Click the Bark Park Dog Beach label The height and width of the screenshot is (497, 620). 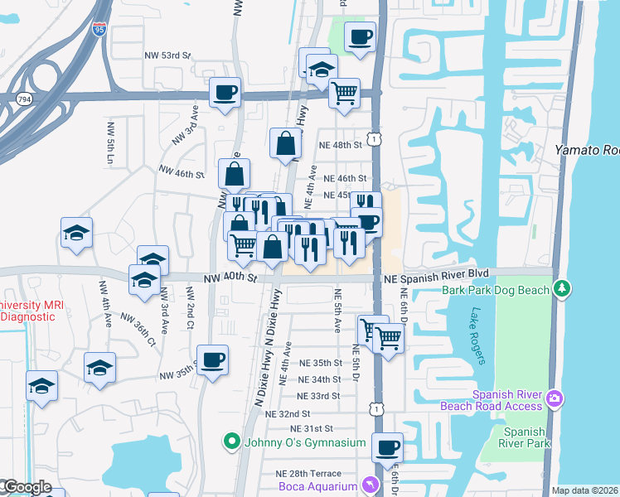click(x=496, y=290)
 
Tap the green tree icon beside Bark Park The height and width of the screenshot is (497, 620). click(x=563, y=288)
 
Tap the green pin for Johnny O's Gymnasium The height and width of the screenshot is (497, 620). click(x=232, y=442)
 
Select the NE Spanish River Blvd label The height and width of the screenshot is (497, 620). click(x=437, y=273)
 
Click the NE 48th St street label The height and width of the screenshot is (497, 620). click(x=341, y=144)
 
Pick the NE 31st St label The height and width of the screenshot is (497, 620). click(x=311, y=428)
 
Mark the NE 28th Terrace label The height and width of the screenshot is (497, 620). click(x=308, y=473)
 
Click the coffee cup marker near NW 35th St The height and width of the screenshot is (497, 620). click(x=213, y=359)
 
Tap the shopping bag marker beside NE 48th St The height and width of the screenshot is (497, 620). click(x=285, y=142)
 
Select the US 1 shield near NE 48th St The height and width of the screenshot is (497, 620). click(x=375, y=140)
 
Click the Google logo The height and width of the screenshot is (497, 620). click(x=27, y=488)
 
